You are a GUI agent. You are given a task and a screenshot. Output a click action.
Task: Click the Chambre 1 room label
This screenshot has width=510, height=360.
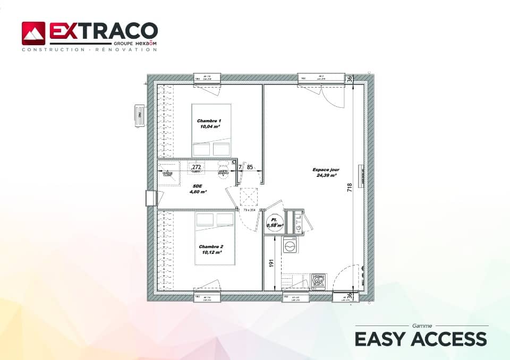point(209,124)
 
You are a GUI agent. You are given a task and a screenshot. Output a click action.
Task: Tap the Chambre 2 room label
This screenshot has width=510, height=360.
point(211,250)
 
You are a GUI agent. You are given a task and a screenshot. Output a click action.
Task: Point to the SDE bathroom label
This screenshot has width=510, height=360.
point(198,189)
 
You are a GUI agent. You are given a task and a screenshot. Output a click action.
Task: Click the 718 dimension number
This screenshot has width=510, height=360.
point(350,190)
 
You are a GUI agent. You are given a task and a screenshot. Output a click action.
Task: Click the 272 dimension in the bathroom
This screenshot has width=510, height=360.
point(196,167)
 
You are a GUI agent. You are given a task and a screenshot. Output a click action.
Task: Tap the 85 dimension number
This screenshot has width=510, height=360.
point(250,167)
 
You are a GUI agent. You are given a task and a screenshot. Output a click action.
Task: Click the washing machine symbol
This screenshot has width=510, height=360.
point(290,245)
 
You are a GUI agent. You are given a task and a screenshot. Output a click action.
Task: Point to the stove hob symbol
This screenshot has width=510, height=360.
point(318,281)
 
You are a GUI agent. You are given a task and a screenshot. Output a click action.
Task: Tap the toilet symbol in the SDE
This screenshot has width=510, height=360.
point(223,166)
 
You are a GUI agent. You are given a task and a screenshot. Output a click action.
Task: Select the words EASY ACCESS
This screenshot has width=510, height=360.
point(420,339)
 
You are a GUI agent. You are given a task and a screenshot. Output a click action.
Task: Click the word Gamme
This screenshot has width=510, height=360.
point(422,325)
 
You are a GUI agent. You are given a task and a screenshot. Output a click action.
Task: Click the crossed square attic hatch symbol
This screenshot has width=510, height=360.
point(249,197)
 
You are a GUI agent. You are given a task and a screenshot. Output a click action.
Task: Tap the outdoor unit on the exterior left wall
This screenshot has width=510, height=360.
point(140,115)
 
